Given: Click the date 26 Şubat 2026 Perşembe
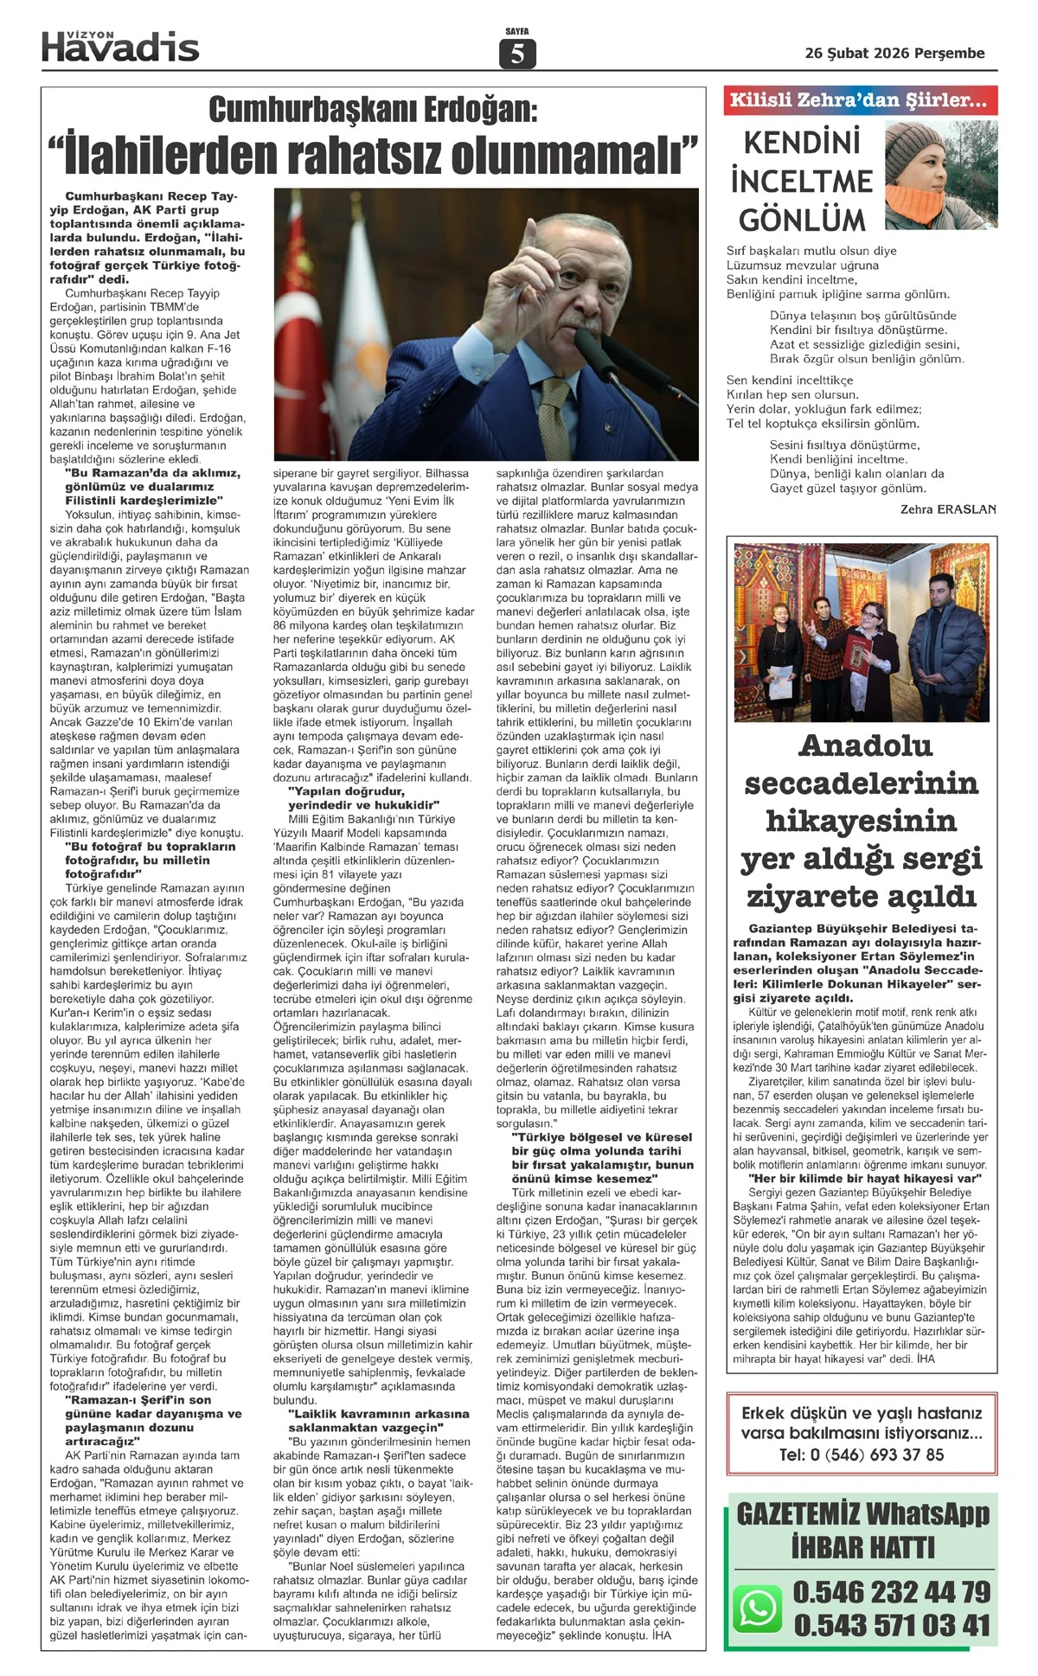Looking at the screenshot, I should (x=894, y=54).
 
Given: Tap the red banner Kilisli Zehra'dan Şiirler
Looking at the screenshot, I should (x=860, y=100).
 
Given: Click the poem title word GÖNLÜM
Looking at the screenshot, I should (x=802, y=220).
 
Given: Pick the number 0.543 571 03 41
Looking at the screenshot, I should (x=891, y=1625).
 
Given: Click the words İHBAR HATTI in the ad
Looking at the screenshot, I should (x=862, y=1546).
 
